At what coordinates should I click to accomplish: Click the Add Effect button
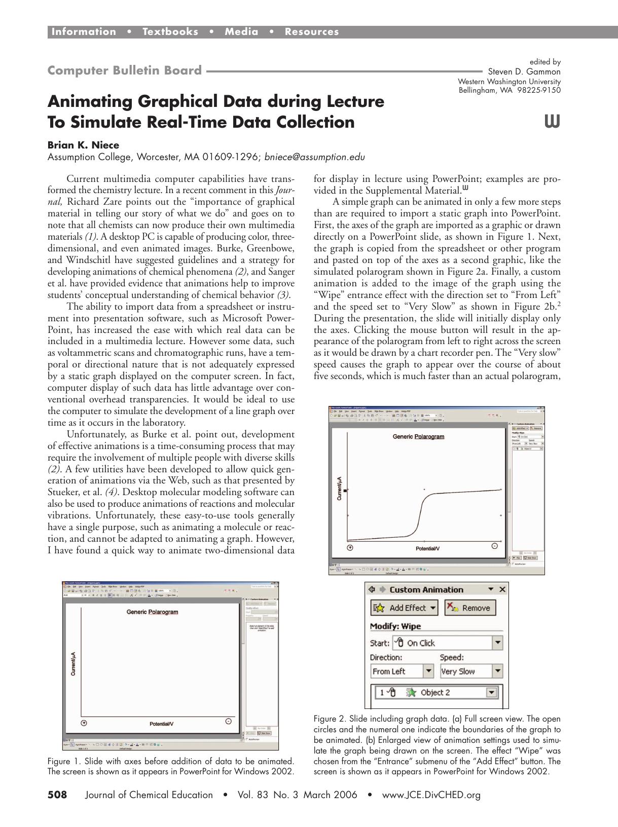405,608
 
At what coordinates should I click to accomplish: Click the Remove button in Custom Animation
469,608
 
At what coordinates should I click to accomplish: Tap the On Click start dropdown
447,643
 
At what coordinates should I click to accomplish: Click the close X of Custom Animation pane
502,589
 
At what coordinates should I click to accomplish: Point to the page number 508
57,795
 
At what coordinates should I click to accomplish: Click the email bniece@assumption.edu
314,157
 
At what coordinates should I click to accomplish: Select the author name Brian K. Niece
83,145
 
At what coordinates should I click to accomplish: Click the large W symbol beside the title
552,122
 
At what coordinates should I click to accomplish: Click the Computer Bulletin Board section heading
124,70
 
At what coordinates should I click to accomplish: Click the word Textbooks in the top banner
170,32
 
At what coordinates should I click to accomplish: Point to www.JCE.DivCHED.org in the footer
431,795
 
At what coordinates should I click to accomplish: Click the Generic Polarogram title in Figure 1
152,612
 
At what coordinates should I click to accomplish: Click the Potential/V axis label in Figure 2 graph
427,549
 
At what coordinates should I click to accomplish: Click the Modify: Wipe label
395,626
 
